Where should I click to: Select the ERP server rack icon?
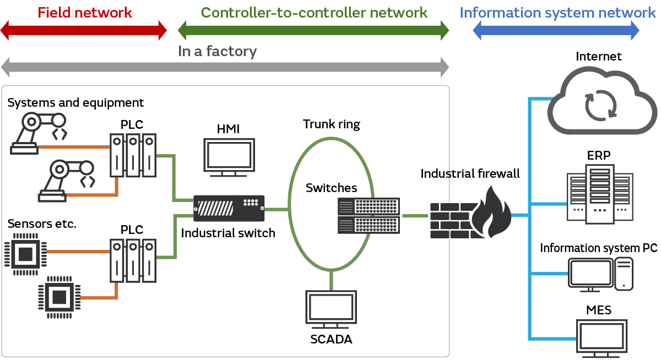[x=599, y=195]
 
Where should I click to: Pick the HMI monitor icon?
[x=229, y=157]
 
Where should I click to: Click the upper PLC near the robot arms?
[x=132, y=156]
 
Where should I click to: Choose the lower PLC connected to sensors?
[x=132, y=261]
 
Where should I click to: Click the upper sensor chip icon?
[x=25, y=254]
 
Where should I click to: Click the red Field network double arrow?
[x=83, y=31]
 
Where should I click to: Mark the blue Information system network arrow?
[x=556, y=31]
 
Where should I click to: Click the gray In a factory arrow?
[x=225, y=68]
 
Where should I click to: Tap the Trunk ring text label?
[x=331, y=124]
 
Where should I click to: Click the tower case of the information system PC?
[x=624, y=274]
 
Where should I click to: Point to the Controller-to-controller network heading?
[x=314, y=12]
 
